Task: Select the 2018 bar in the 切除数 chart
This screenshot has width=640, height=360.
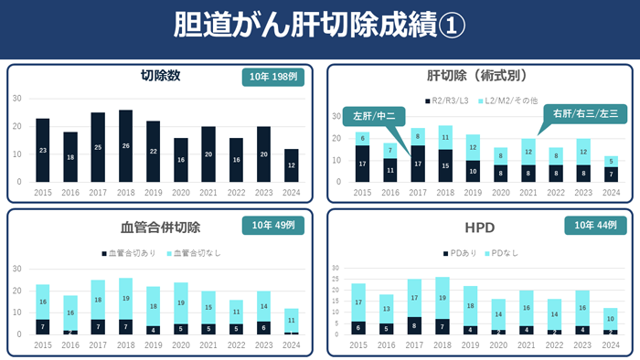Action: (125, 145)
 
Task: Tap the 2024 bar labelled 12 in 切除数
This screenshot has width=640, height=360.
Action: (291, 165)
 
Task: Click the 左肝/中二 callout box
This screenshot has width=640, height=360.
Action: (374, 116)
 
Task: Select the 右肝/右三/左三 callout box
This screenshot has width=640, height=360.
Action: (585, 113)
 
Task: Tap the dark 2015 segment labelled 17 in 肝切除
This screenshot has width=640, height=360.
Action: (362, 164)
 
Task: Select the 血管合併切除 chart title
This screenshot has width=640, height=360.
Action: (160, 227)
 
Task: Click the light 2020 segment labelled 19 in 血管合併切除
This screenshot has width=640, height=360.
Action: (181, 302)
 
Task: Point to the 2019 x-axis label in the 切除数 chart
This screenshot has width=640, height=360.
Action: (153, 193)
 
